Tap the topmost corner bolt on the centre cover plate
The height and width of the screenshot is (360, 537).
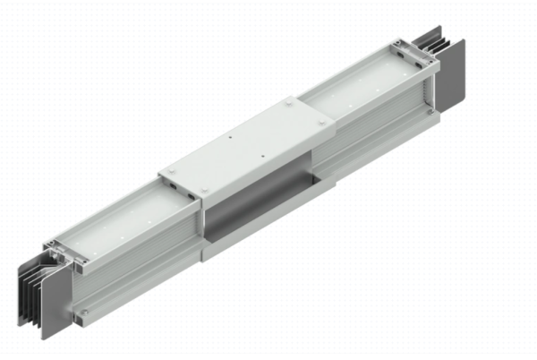(x=294, y=105)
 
